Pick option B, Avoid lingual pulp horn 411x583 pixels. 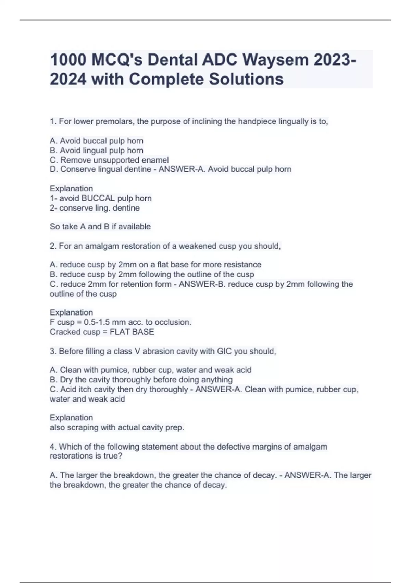click(x=97, y=150)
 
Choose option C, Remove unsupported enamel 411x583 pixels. click(x=109, y=160)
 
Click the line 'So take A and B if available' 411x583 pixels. click(x=100, y=227)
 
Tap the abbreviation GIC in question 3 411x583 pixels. click(x=224, y=351)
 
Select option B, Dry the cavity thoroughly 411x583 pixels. click(x=141, y=380)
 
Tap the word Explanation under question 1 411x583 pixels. click(x=71, y=189)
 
